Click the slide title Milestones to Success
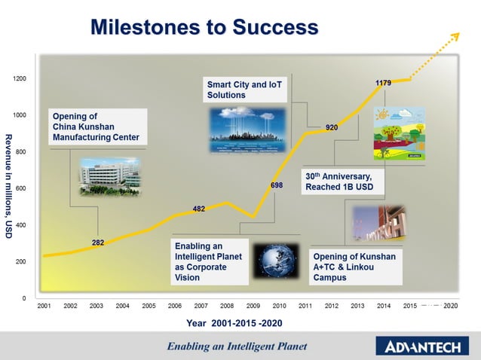204,28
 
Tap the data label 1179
383,83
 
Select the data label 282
98,243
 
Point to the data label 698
277,185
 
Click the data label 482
199,208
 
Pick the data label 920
331,127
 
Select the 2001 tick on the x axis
44,307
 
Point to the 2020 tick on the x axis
451,307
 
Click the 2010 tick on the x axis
279,307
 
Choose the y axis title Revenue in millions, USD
8,186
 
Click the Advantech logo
424,346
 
